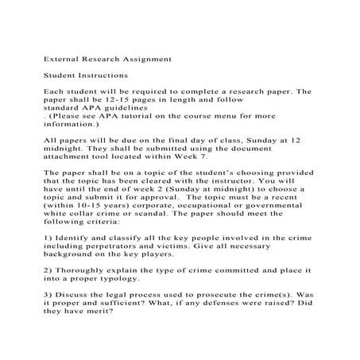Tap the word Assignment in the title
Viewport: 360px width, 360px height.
click(144, 58)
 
